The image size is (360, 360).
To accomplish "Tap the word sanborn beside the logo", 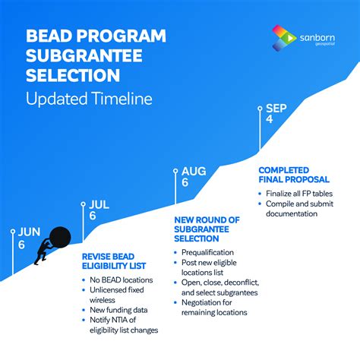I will tap(317, 36).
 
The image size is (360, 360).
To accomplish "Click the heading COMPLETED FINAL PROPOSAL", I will tap(294, 174).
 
